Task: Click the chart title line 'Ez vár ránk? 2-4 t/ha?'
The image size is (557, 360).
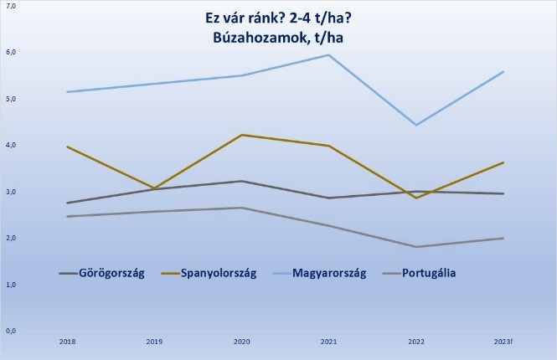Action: tap(278, 18)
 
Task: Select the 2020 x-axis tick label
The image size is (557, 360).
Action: tap(241, 342)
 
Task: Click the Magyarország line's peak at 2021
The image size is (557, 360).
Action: tap(329, 55)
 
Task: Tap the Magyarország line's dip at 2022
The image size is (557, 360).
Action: tap(416, 125)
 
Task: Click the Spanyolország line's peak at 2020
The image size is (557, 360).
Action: tap(241, 135)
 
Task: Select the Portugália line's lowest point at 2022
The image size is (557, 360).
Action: tap(416, 247)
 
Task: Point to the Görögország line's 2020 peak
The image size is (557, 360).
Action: tap(241, 181)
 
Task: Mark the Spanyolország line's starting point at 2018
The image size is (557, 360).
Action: tap(67, 147)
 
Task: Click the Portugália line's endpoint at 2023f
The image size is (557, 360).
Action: tap(503, 239)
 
